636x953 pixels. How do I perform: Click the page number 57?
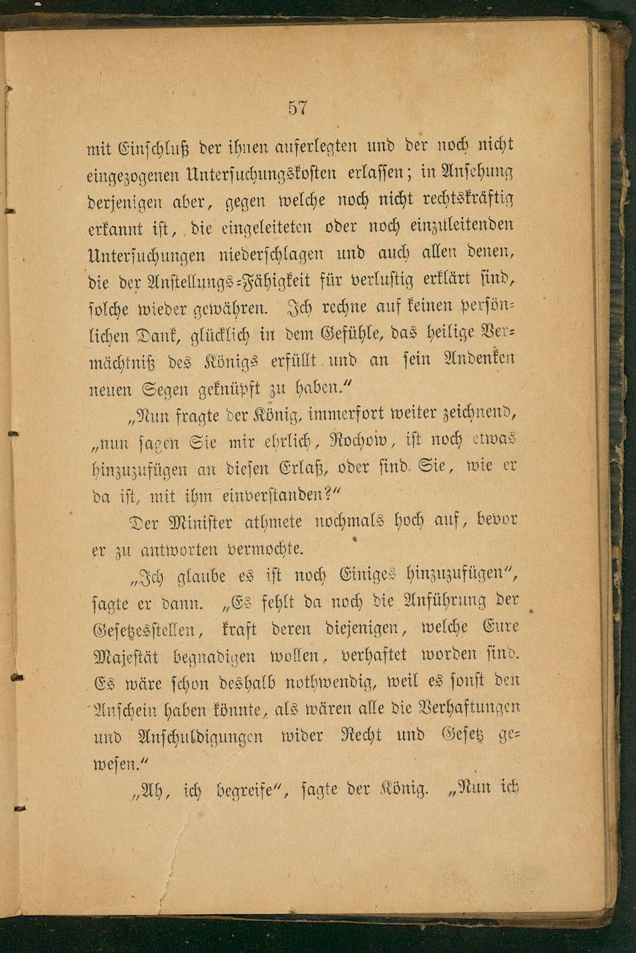tap(298, 108)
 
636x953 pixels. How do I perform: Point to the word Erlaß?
tap(304, 468)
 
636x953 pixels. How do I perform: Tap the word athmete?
tap(273, 522)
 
